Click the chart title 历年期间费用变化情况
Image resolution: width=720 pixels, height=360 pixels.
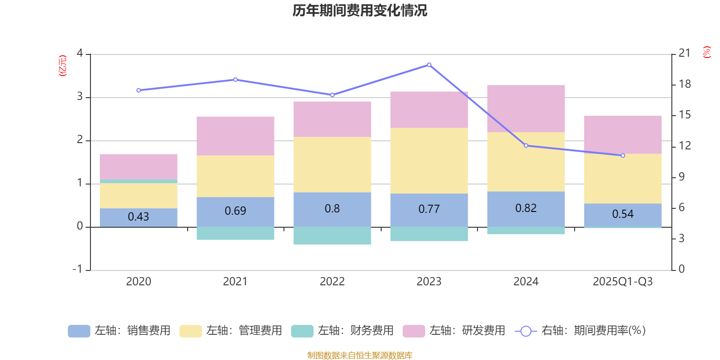(360, 10)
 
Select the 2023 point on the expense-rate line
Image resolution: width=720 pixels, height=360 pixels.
(429, 65)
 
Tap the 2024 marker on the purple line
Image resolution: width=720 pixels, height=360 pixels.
(526, 145)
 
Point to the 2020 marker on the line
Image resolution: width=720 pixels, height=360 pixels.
(139, 90)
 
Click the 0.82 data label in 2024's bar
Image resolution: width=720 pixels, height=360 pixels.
(526, 208)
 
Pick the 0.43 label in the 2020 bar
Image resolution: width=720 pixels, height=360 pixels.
(138, 217)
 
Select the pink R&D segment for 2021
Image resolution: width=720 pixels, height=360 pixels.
(235, 136)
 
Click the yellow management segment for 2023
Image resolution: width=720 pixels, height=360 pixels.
(429, 161)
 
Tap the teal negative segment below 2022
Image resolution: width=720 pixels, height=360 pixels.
(332, 236)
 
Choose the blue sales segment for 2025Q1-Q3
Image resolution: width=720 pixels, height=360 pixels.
(623, 215)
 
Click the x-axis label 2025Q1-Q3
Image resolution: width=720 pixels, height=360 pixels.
(623, 282)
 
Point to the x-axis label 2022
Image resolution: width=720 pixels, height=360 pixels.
(332, 282)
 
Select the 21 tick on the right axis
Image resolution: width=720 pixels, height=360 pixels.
(684, 53)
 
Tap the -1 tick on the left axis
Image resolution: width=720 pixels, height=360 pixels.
(78, 269)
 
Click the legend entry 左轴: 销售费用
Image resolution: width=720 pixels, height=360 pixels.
(119, 331)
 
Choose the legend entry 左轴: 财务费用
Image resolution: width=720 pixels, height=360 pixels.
(342, 331)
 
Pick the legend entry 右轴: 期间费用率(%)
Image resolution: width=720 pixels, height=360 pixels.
(580, 331)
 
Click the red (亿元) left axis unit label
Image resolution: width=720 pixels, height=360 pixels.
(63, 66)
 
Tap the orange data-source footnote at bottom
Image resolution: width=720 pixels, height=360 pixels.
(360, 355)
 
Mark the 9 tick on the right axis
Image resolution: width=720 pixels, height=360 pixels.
(682, 177)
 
